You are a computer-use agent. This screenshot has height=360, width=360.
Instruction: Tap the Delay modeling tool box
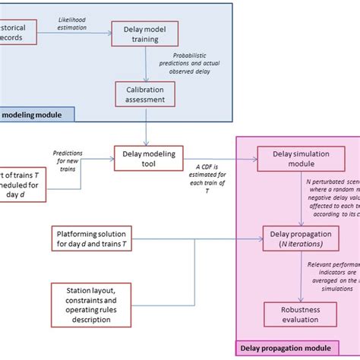tap(149, 158)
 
